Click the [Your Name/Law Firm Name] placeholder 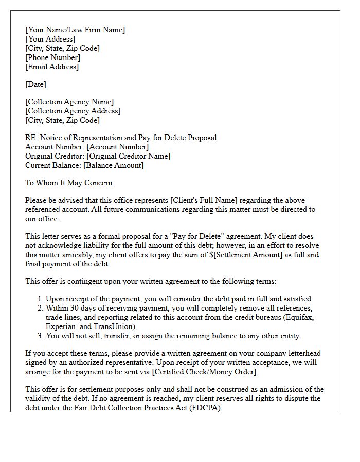click(x=75, y=30)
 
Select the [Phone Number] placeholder click(x=52, y=57)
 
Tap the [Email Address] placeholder click(x=52, y=67)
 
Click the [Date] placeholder click(x=35, y=84)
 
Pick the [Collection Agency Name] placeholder click(x=69, y=102)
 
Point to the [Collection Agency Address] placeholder click(x=73, y=111)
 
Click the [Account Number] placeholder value click(x=118, y=147)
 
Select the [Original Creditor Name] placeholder click(x=128, y=156)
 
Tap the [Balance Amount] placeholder click(x=113, y=165)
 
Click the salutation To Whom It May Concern click(x=69, y=183)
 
